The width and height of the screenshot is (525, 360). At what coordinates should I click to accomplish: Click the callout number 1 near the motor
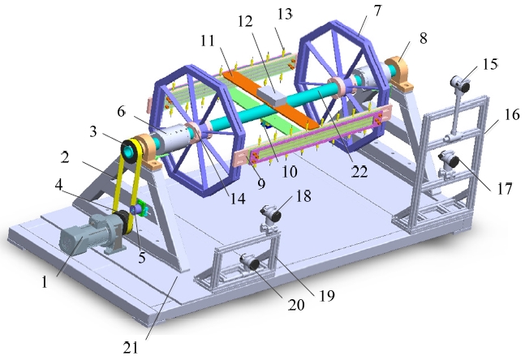[x=45, y=282]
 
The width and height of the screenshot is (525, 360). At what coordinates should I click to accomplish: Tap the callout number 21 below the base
[x=131, y=348]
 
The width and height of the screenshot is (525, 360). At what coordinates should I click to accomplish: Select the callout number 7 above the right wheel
[x=377, y=11]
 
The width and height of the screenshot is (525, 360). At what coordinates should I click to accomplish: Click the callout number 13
[x=285, y=15]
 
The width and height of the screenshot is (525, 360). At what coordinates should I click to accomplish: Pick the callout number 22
[x=359, y=172]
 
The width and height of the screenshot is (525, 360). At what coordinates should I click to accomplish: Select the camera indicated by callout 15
[x=460, y=83]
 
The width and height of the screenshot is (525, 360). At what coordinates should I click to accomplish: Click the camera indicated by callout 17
[x=450, y=159]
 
